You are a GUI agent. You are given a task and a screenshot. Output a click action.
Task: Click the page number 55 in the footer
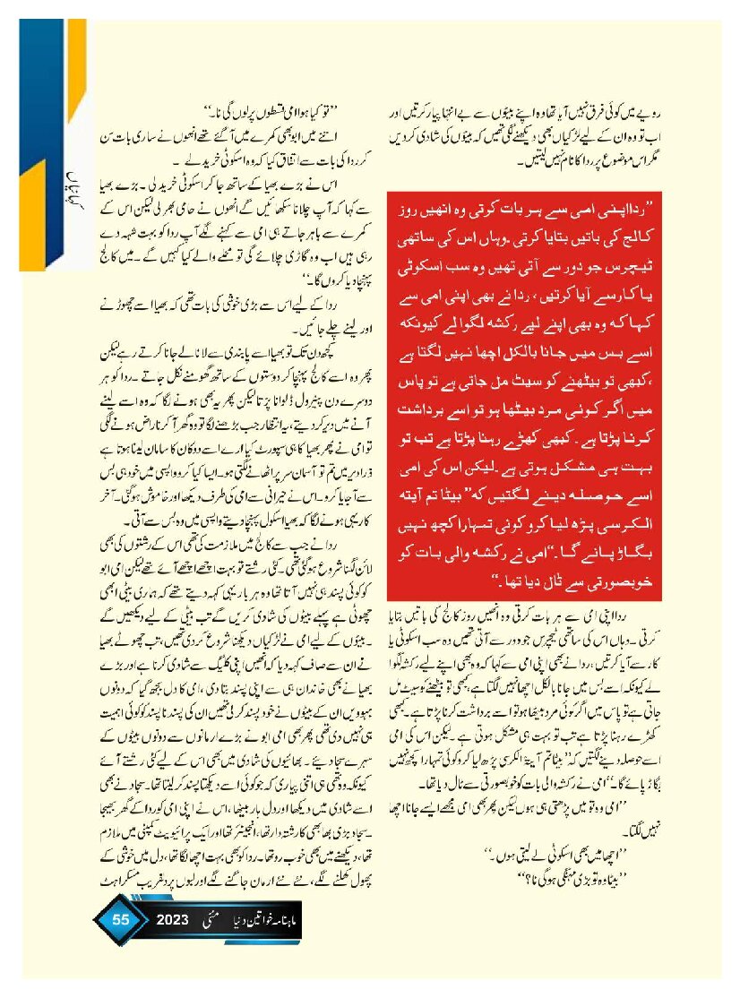point(120,921)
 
